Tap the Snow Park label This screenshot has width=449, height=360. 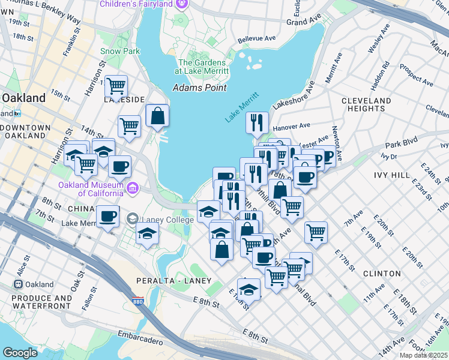click(x=120, y=52)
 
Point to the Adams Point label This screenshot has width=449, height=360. click(x=199, y=88)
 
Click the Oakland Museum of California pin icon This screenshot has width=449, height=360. click(x=132, y=190)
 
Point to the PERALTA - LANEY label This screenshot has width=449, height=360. click(x=176, y=281)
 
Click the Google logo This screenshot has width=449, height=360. click(x=20, y=353)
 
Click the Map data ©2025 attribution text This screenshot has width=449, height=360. click(x=423, y=355)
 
